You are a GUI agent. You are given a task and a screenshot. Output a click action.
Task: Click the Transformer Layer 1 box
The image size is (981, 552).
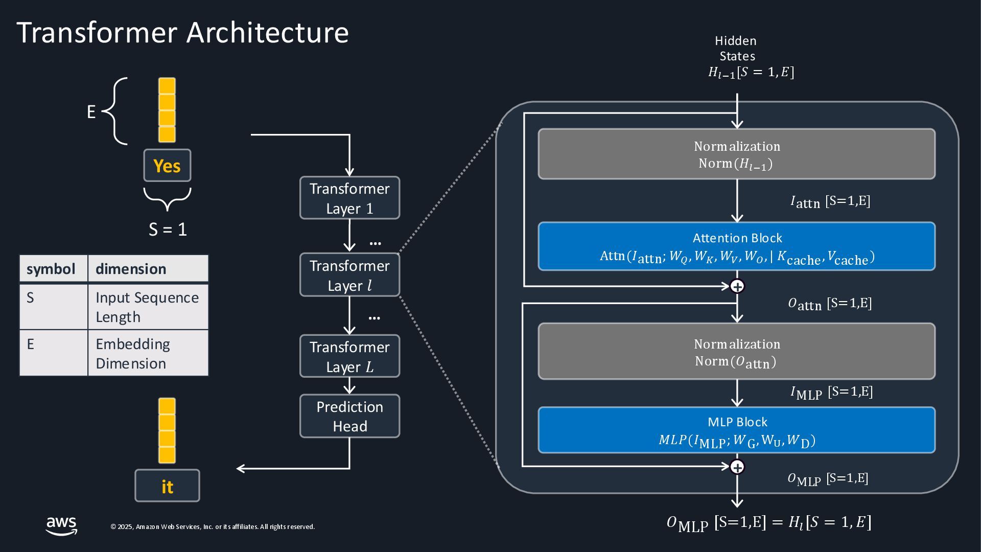click(x=349, y=198)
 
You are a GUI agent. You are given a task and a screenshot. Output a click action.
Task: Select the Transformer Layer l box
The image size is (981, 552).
click(x=349, y=275)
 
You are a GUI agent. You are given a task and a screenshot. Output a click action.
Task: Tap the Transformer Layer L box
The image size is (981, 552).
click(x=349, y=356)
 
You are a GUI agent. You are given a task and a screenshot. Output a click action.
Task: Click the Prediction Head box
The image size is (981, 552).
click(x=349, y=416)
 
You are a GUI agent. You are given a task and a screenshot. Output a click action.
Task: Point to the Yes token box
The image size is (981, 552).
click(x=167, y=166)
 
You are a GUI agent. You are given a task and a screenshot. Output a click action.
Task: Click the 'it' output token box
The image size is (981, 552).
click(x=167, y=486)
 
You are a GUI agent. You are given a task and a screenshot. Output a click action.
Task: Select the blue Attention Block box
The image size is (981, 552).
click(x=736, y=246)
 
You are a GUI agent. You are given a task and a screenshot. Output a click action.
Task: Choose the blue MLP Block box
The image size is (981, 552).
click(x=736, y=430)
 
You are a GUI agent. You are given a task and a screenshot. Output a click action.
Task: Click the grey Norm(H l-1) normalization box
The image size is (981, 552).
click(x=736, y=154)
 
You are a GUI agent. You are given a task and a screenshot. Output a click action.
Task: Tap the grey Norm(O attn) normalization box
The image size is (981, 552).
click(x=736, y=352)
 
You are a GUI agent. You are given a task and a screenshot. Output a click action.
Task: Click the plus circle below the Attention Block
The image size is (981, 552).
click(x=737, y=286)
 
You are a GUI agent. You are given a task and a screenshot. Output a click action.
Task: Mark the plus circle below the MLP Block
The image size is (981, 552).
click(x=737, y=467)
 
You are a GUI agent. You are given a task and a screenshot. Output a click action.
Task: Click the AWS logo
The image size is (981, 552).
click(x=61, y=525)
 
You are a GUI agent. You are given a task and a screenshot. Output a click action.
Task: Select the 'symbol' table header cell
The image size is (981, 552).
click(x=53, y=269)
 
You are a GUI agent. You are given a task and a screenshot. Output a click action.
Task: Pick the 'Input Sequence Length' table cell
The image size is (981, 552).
click(x=148, y=307)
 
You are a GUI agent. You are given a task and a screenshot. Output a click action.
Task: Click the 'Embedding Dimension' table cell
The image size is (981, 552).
click(x=148, y=353)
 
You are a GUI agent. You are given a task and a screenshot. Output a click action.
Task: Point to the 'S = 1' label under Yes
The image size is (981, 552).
click(x=168, y=229)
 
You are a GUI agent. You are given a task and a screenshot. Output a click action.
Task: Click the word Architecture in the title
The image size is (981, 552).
click(x=267, y=33)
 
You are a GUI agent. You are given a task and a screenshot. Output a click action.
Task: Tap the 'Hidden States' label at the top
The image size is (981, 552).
click(x=736, y=49)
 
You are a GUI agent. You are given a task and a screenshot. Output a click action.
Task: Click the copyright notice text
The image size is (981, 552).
click(x=213, y=527)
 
